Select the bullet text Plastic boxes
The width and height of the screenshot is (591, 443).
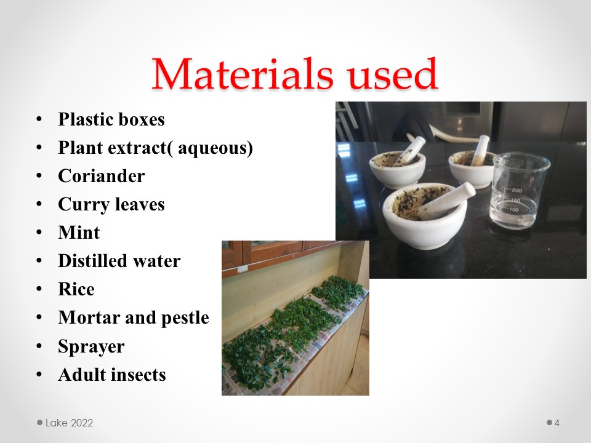tap(111, 119)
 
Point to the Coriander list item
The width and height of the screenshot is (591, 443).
tap(102, 176)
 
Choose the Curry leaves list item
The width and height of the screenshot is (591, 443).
tap(111, 204)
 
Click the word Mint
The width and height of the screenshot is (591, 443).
tap(79, 233)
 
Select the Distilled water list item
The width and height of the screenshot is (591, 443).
tap(119, 261)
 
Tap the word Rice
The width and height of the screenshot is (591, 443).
tap(76, 289)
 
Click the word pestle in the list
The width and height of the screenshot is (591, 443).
tap(185, 318)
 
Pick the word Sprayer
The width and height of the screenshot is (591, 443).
tap(91, 346)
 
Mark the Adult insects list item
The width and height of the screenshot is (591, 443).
tap(112, 375)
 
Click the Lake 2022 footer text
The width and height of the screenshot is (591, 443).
tap(69, 423)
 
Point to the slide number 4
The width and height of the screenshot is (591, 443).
tap(557, 423)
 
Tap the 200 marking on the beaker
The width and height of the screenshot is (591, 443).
tap(517, 190)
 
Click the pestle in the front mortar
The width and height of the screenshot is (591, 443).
tap(448, 201)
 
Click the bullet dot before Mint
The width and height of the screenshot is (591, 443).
tap(39, 233)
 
